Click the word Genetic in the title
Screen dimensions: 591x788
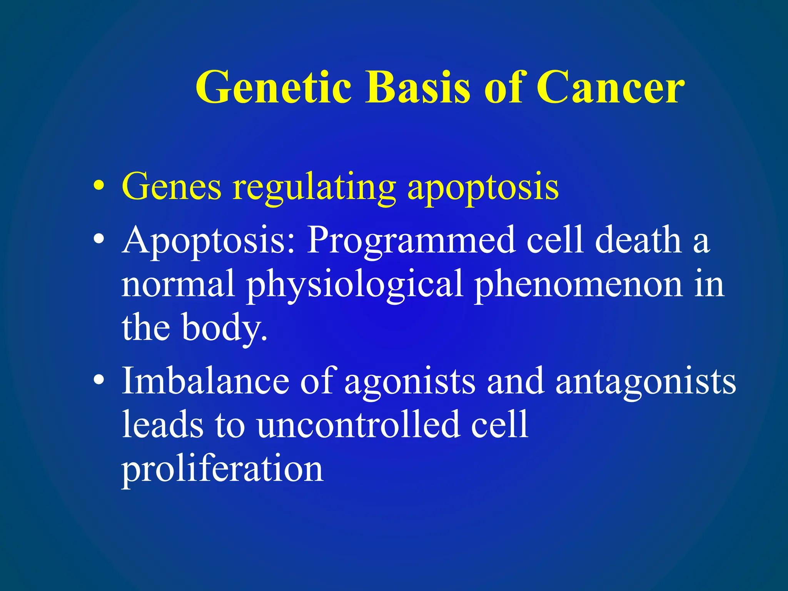(x=274, y=88)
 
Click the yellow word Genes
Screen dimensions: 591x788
(x=172, y=187)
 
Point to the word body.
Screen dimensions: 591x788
(x=225, y=329)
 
